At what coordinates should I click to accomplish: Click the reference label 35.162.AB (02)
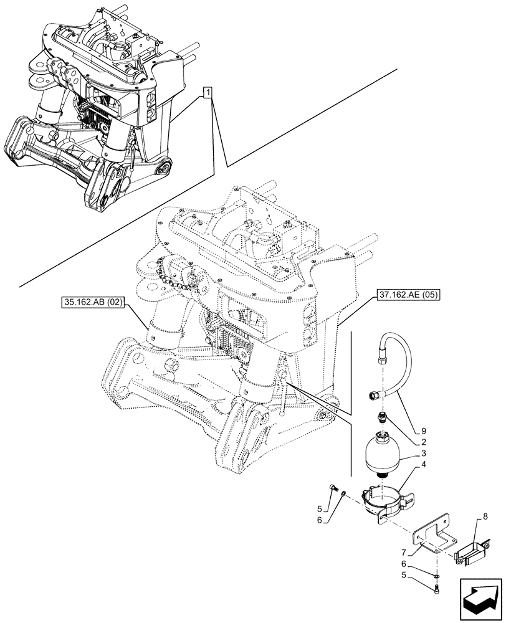[x=94, y=303]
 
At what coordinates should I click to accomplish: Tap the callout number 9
[x=424, y=430]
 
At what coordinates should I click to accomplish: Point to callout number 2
[x=424, y=442]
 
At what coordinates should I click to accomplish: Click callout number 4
[x=424, y=465]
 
